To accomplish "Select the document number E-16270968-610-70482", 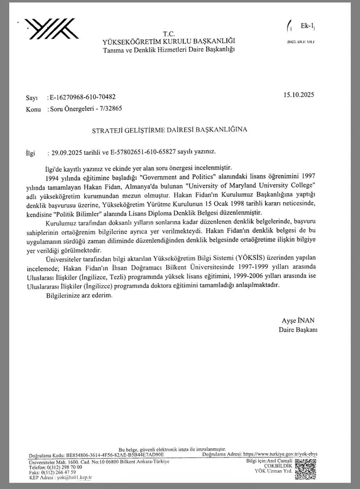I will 82,97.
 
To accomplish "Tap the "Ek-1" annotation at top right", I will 307,26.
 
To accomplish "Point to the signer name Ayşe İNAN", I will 299,321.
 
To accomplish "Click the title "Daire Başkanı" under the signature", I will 298,330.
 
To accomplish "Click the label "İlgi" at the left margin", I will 31,154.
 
